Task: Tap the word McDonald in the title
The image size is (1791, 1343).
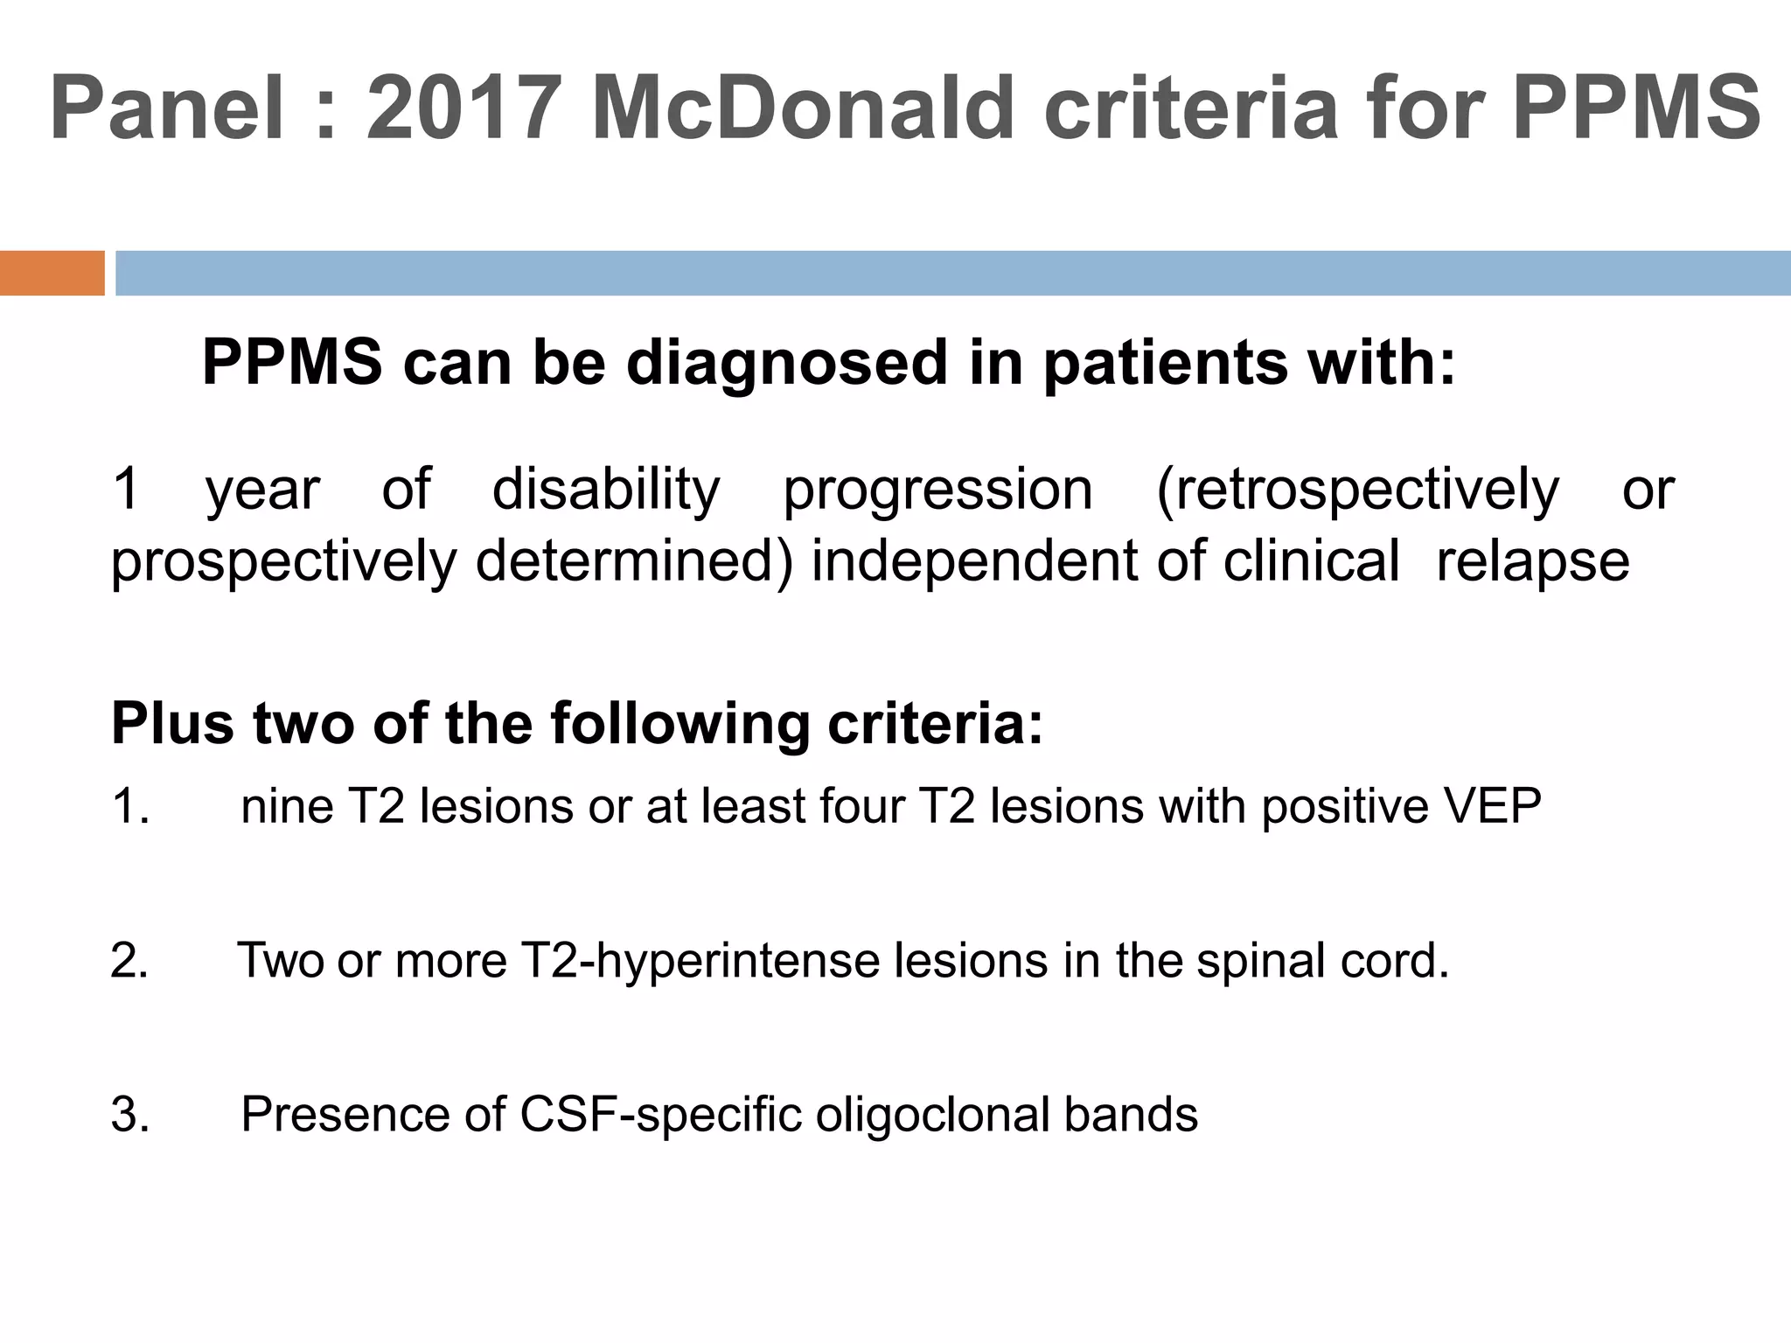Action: tap(801, 108)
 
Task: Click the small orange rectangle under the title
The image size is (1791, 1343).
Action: tap(52, 273)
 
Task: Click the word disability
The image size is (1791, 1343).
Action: tap(606, 490)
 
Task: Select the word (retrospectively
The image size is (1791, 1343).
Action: tap(1358, 490)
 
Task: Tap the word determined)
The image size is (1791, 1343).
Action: tap(634, 561)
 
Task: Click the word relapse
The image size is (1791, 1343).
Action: tap(1532, 561)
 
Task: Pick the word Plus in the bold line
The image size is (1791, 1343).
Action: tap(172, 724)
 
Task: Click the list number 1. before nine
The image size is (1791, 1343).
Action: tap(131, 806)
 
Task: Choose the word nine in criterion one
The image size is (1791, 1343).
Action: tap(287, 806)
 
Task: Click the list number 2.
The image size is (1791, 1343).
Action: tap(130, 961)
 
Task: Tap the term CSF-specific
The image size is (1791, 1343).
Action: tap(660, 1115)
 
